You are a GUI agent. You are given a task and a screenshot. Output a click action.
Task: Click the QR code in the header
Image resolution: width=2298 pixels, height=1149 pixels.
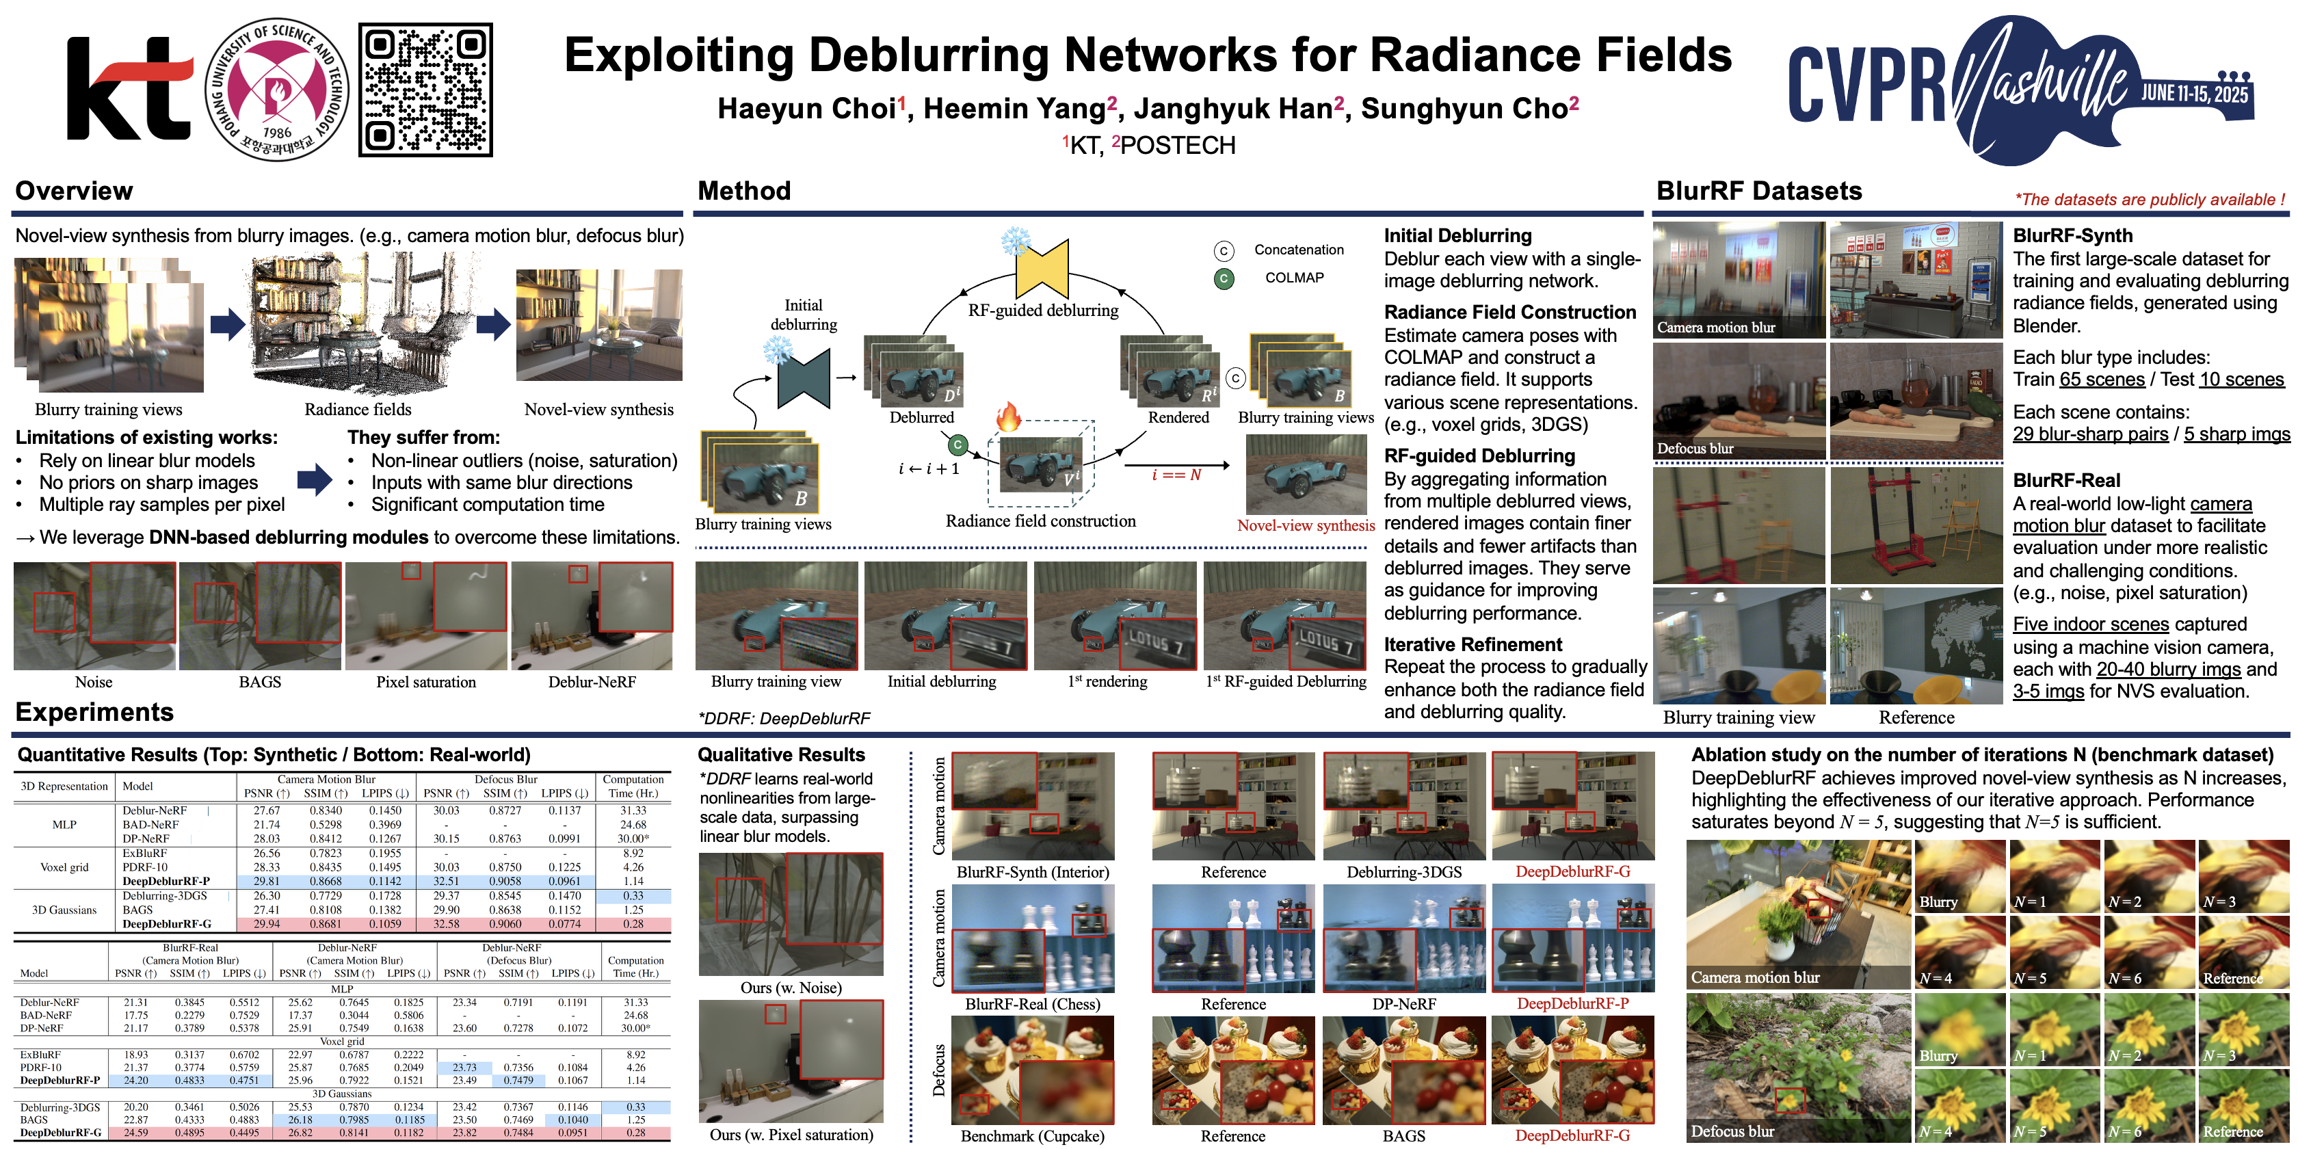pyautogui.click(x=425, y=89)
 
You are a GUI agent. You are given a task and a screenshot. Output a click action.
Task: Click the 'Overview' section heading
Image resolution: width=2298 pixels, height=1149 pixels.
pyautogui.click(x=74, y=191)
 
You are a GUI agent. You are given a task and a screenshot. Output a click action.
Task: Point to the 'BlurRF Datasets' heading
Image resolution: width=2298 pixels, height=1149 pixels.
pyautogui.click(x=1758, y=191)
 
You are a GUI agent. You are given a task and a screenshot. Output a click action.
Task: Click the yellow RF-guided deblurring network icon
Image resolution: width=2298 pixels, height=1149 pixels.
pyautogui.click(x=1042, y=267)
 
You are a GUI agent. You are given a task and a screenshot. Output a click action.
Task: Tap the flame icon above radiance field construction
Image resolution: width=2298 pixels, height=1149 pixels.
pyautogui.click(x=1008, y=417)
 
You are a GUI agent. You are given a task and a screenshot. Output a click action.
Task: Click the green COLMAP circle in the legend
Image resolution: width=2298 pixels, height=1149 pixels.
pyautogui.click(x=1224, y=278)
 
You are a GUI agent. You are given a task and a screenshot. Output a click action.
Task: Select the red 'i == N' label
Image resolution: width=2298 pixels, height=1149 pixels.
pyautogui.click(x=1176, y=475)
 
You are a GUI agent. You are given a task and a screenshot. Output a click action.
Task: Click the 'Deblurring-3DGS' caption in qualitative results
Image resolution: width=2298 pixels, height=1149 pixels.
pyautogui.click(x=1403, y=871)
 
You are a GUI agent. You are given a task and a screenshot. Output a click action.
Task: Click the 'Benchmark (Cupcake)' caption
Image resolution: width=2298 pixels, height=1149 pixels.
pyautogui.click(x=1032, y=1135)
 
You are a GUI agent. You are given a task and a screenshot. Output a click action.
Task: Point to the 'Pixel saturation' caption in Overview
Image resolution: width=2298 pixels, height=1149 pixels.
pyautogui.click(x=425, y=682)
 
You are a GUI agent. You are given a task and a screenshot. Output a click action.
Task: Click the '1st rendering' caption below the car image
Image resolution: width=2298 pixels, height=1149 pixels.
pyautogui.click(x=1107, y=682)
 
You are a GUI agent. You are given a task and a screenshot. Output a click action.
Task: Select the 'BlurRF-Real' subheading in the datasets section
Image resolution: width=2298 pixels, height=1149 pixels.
pyautogui.click(x=2066, y=480)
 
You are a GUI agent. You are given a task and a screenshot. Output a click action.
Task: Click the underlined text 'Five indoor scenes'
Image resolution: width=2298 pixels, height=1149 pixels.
pyautogui.click(x=2090, y=624)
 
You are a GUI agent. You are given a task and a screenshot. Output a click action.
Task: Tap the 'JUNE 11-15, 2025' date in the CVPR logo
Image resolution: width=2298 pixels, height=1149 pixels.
pyautogui.click(x=2195, y=94)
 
